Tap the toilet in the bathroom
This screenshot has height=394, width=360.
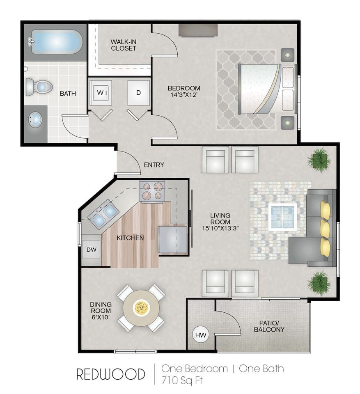(39, 87)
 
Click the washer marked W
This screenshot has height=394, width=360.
(101, 93)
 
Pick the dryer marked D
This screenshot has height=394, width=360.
(138, 93)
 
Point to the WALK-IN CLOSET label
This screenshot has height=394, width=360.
(123, 45)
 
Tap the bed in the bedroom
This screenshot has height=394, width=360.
(267, 88)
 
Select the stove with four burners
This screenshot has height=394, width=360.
(152, 191)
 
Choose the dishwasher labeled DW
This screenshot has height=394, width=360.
(91, 250)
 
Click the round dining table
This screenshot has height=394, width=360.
(141, 308)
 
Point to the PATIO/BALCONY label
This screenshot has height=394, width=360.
(269, 326)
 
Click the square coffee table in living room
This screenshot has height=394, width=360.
(282, 217)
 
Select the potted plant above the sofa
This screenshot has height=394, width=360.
(319, 160)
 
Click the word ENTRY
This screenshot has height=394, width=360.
(154, 165)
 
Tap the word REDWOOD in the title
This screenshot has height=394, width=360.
(110, 374)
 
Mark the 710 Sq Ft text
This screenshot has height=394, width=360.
(182, 380)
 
